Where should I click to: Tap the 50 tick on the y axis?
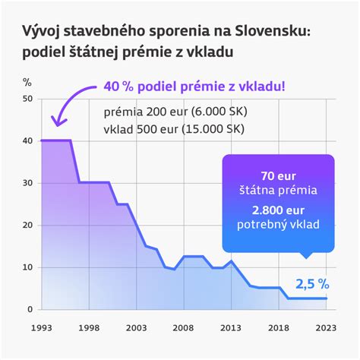tap(28, 99)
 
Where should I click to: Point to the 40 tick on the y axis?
tap(28, 141)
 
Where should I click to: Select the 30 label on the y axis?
tap(28, 183)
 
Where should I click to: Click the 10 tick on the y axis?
tap(28, 267)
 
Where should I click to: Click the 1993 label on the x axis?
tap(42, 327)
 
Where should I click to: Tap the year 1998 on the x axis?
tap(90, 327)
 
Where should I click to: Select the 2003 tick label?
tap(137, 327)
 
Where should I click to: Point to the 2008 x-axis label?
tap(184, 327)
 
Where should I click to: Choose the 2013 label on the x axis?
tap(231, 327)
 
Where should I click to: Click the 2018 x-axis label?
tap(278, 327)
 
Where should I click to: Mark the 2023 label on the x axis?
tap(325, 327)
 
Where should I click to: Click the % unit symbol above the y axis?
tap(27, 81)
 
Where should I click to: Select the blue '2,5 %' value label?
tap(312, 284)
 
